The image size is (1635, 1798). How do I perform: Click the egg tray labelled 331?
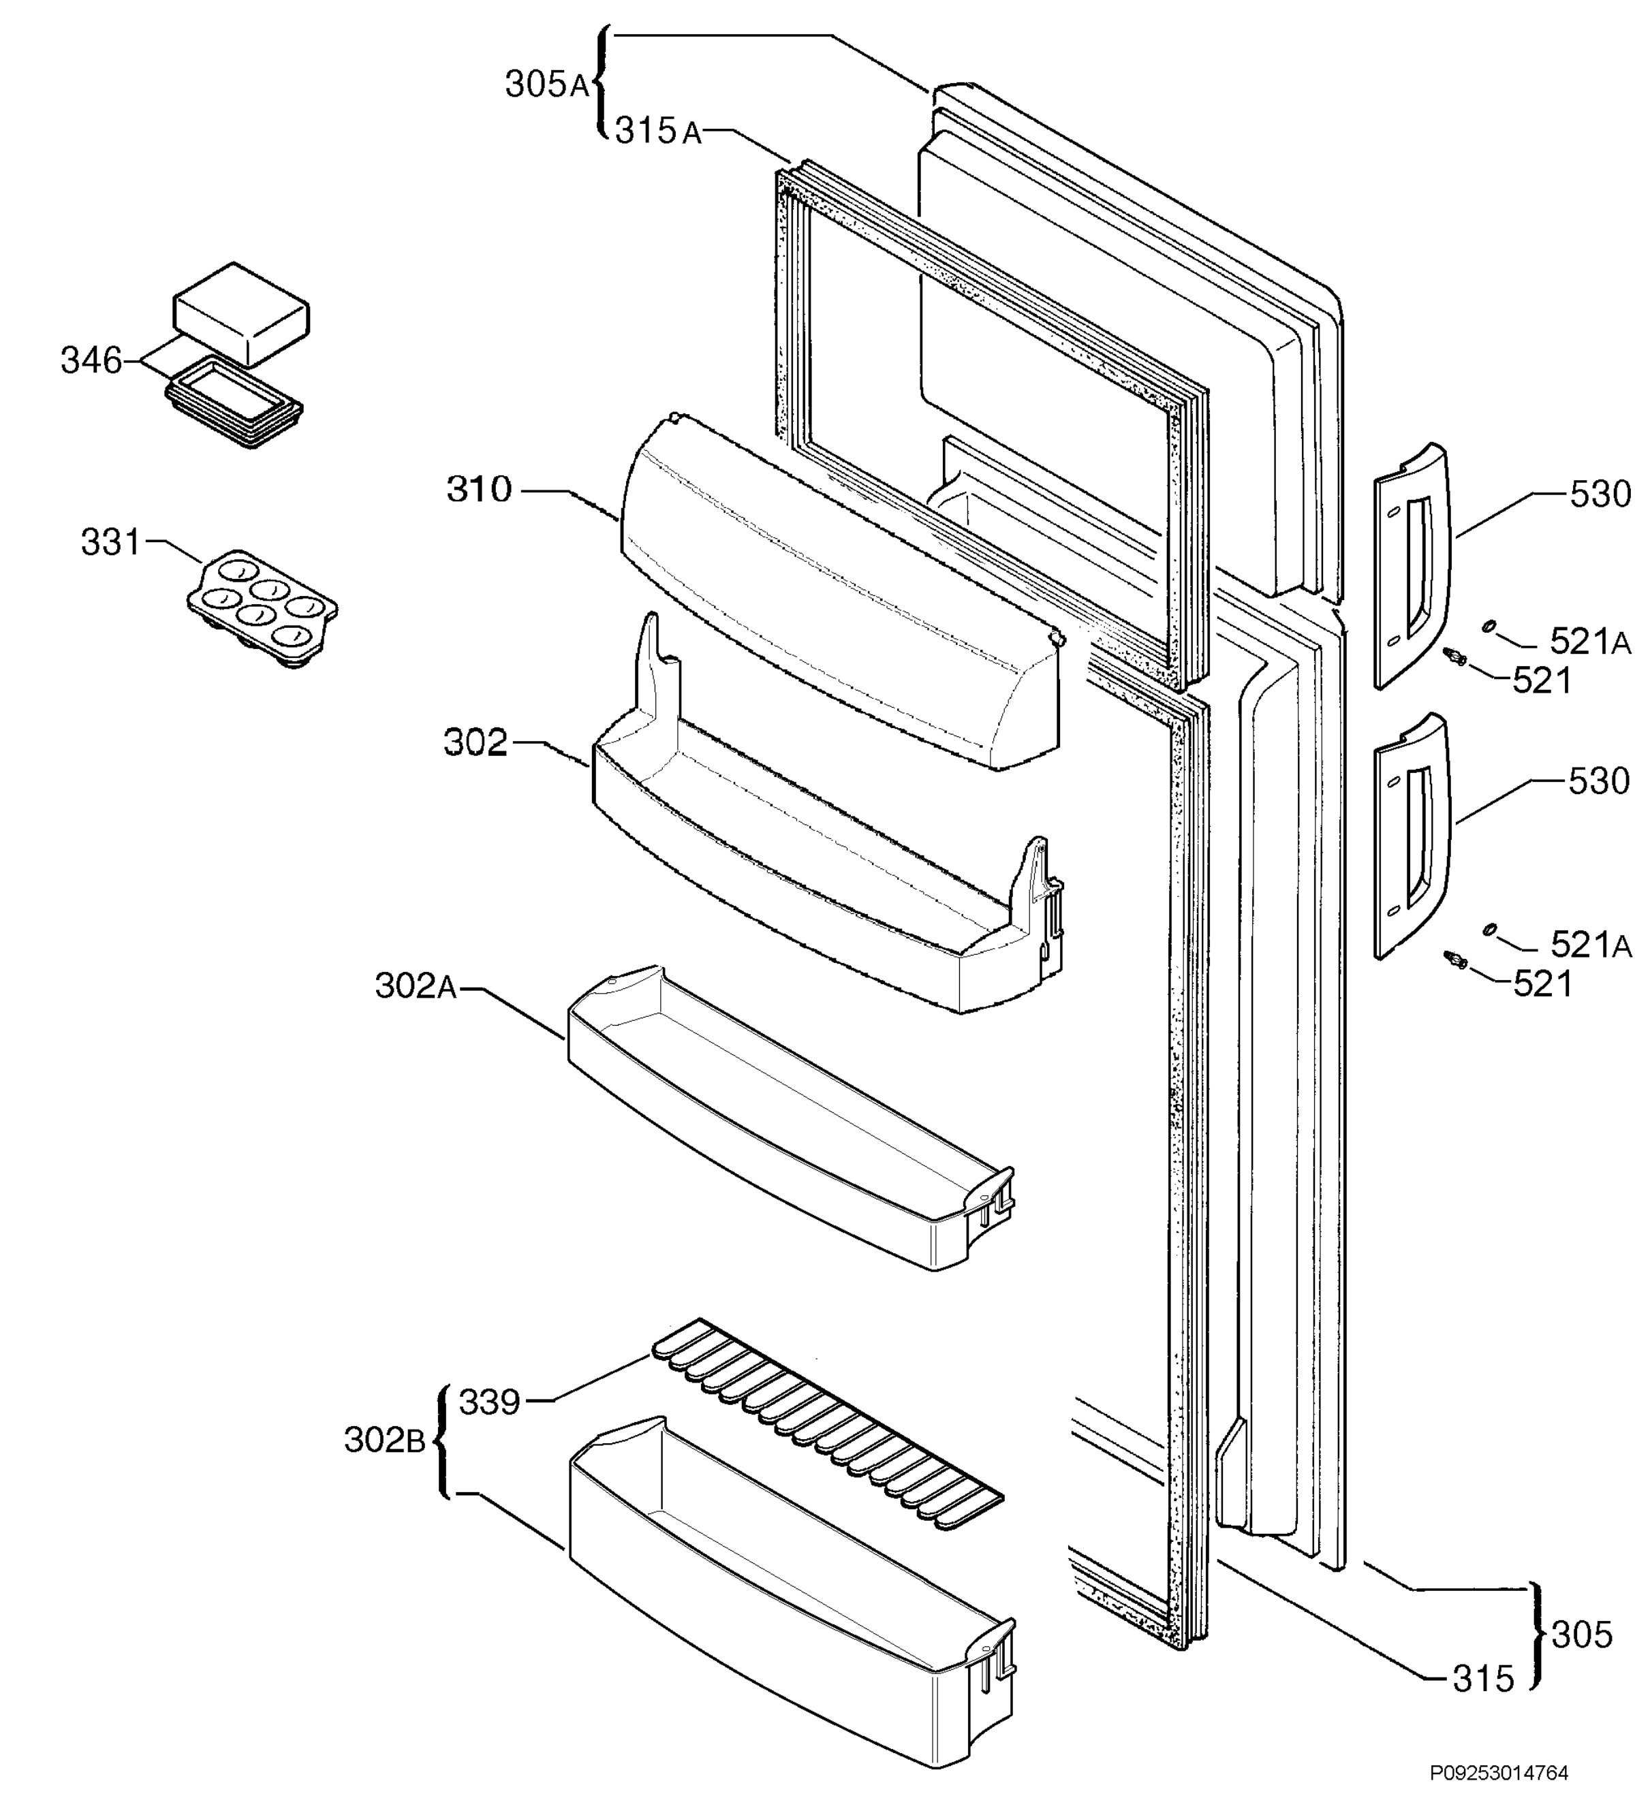(x=262, y=609)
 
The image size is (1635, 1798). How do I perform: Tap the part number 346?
(x=91, y=360)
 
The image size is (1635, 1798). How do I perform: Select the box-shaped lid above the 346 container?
(x=241, y=313)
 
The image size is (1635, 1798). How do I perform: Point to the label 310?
(x=480, y=490)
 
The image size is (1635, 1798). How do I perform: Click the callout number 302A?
(x=416, y=986)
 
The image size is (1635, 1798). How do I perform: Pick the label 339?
(x=489, y=1403)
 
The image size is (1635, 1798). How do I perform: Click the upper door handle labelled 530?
(x=1412, y=567)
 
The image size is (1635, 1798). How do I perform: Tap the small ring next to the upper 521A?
(x=1488, y=627)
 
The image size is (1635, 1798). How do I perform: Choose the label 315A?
(x=658, y=132)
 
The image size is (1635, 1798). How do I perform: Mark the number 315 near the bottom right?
(x=1483, y=1679)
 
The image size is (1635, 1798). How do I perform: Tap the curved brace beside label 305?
(x=1536, y=1635)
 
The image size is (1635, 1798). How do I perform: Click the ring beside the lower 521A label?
(x=1488, y=930)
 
